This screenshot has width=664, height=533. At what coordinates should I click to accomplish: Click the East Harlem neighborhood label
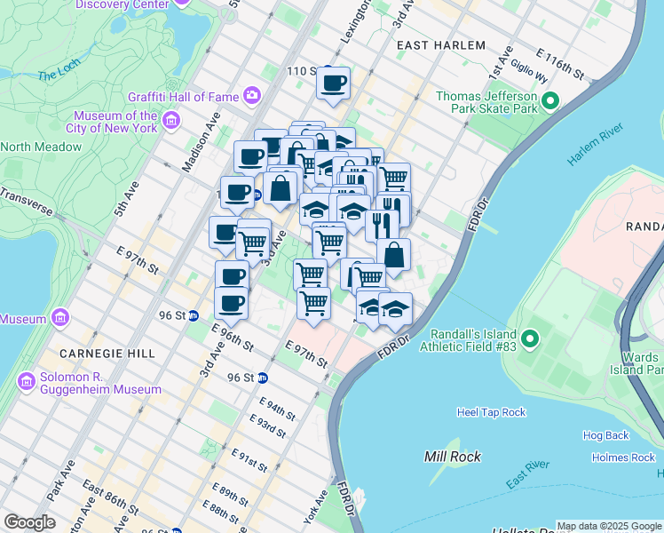point(441,45)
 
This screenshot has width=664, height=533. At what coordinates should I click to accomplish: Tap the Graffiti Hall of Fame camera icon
point(253,95)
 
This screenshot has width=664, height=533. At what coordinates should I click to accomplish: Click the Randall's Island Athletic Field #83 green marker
point(530,338)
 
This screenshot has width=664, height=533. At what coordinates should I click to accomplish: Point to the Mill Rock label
point(453,457)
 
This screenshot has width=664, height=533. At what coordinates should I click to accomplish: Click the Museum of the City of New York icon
point(171,119)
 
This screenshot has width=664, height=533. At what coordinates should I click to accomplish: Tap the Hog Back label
point(605,435)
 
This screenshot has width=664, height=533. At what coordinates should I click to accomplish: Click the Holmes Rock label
point(623,457)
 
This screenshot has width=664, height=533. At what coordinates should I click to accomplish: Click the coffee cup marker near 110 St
point(334,84)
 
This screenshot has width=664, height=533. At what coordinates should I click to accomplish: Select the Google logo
point(29,522)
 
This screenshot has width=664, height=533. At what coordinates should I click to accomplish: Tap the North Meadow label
point(32,147)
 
